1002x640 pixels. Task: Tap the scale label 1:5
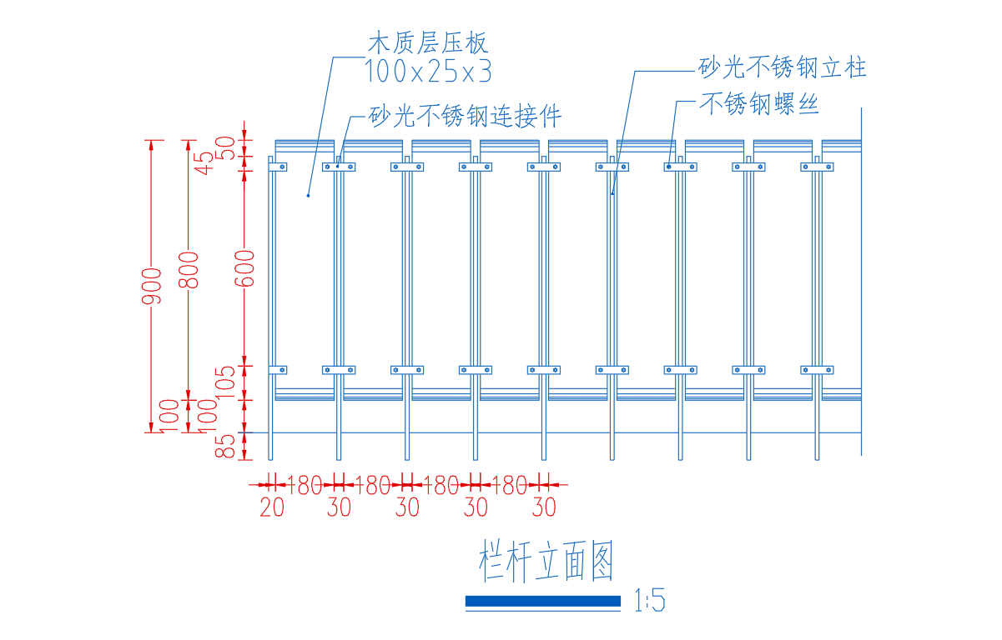pyautogui.click(x=650, y=601)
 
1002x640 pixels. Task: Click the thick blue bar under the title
pyautogui.click(x=543, y=601)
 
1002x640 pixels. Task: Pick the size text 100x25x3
pyautogui.click(x=428, y=72)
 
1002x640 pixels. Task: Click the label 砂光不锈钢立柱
pyautogui.click(x=783, y=67)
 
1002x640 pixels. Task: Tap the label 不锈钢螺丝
pyautogui.click(x=758, y=104)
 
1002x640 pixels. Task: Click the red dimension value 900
pyautogui.click(x=151, y=286)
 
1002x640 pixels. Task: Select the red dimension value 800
pyautogui.click(x=189, y=270)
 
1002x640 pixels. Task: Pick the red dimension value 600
pyautogui.click(x=244, y=268)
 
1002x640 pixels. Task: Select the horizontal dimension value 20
pyautogui.click(x=272, y=507)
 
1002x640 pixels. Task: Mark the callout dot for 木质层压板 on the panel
pyautogui.click(x=309, y=196)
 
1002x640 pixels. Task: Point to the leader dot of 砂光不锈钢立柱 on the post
pyautogui.click(x=612, y=194)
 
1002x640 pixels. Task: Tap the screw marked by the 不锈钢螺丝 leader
pyautogui.click(x=669, y=167)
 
